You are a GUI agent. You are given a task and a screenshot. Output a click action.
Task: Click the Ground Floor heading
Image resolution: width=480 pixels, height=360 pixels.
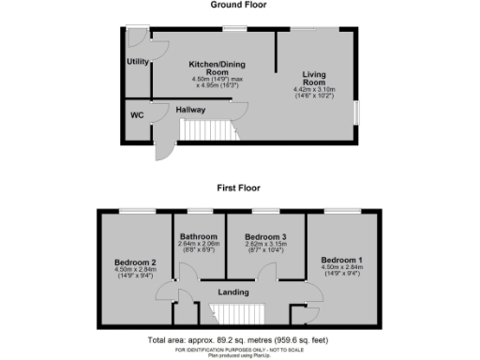pyautogui.click(x=238, y=6)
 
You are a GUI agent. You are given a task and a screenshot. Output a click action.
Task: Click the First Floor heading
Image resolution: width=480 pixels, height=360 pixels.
pyautogui.click(x=238, y=187)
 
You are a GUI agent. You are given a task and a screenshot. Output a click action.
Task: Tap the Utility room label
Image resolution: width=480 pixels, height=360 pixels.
pyautogui.click(x=138, y=62)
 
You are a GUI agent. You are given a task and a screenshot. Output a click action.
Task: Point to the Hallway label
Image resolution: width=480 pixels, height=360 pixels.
pyautogui.click(x=191, y=109)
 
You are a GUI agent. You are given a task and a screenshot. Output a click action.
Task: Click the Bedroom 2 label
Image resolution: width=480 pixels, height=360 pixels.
pyautogui.click(x=135, y=262)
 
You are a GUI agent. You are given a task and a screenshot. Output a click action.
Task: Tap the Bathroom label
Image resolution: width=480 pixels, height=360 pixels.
pyautogui.click(x=199, y=236)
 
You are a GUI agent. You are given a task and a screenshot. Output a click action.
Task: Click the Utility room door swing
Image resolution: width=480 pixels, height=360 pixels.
pyautogui.click(x=139, y=39)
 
